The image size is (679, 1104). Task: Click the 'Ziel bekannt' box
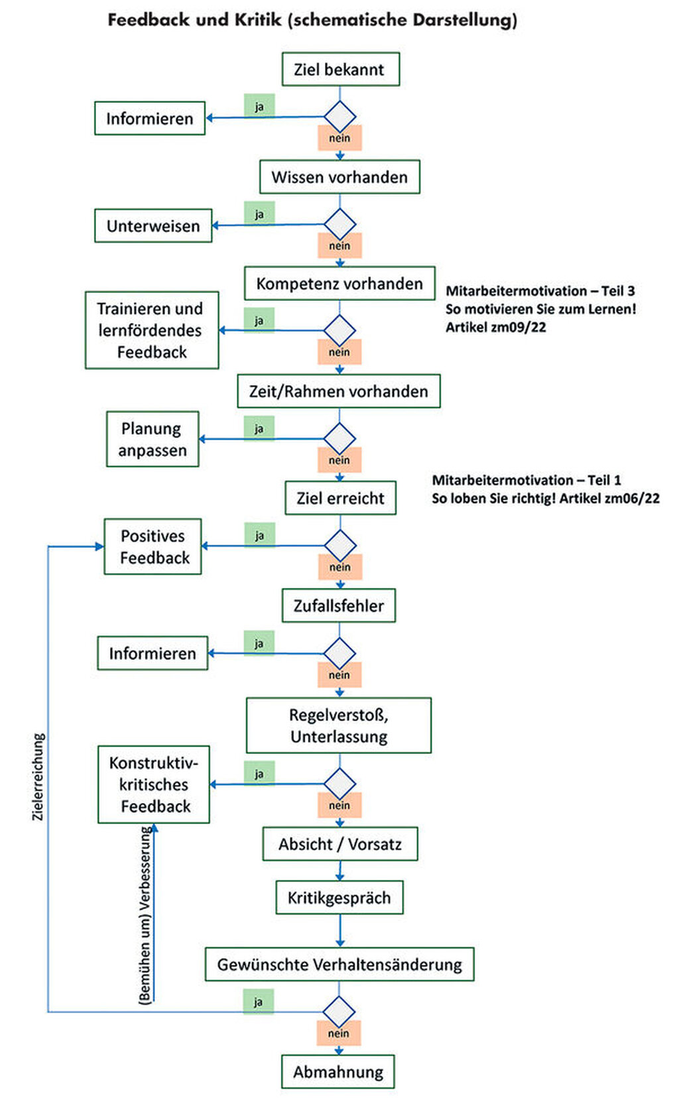click(340, 69)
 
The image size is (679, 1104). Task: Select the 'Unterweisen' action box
click(153, 225)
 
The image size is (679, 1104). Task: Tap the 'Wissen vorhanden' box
click(339, 177)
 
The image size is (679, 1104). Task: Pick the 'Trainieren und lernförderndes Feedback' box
click(151, 330)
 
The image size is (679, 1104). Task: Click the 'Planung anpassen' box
click(153, 439)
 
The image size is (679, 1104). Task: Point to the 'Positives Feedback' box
click(153, 546)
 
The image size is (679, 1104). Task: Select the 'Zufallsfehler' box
click(339, 605)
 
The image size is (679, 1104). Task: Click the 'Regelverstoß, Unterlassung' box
click(339, 725)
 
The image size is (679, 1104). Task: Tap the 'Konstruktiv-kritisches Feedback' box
click(154, 784)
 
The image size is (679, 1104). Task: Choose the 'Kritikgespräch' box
click(339, 898)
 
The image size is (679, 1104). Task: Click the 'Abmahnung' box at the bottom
click(338, 1072)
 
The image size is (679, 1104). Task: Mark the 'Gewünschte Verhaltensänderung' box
click(339, 964)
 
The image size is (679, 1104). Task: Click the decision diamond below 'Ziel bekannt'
click(340, 117)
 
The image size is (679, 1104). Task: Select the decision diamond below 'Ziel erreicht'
click(340, 546)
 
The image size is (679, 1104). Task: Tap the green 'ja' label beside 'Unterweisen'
click(259, 214)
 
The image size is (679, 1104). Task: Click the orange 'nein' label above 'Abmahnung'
click(338, 1033)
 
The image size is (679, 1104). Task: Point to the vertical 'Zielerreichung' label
click(38, 776)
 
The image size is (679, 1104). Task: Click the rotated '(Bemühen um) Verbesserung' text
click(145, 915)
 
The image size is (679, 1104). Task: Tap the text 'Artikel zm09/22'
click(496, 327)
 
